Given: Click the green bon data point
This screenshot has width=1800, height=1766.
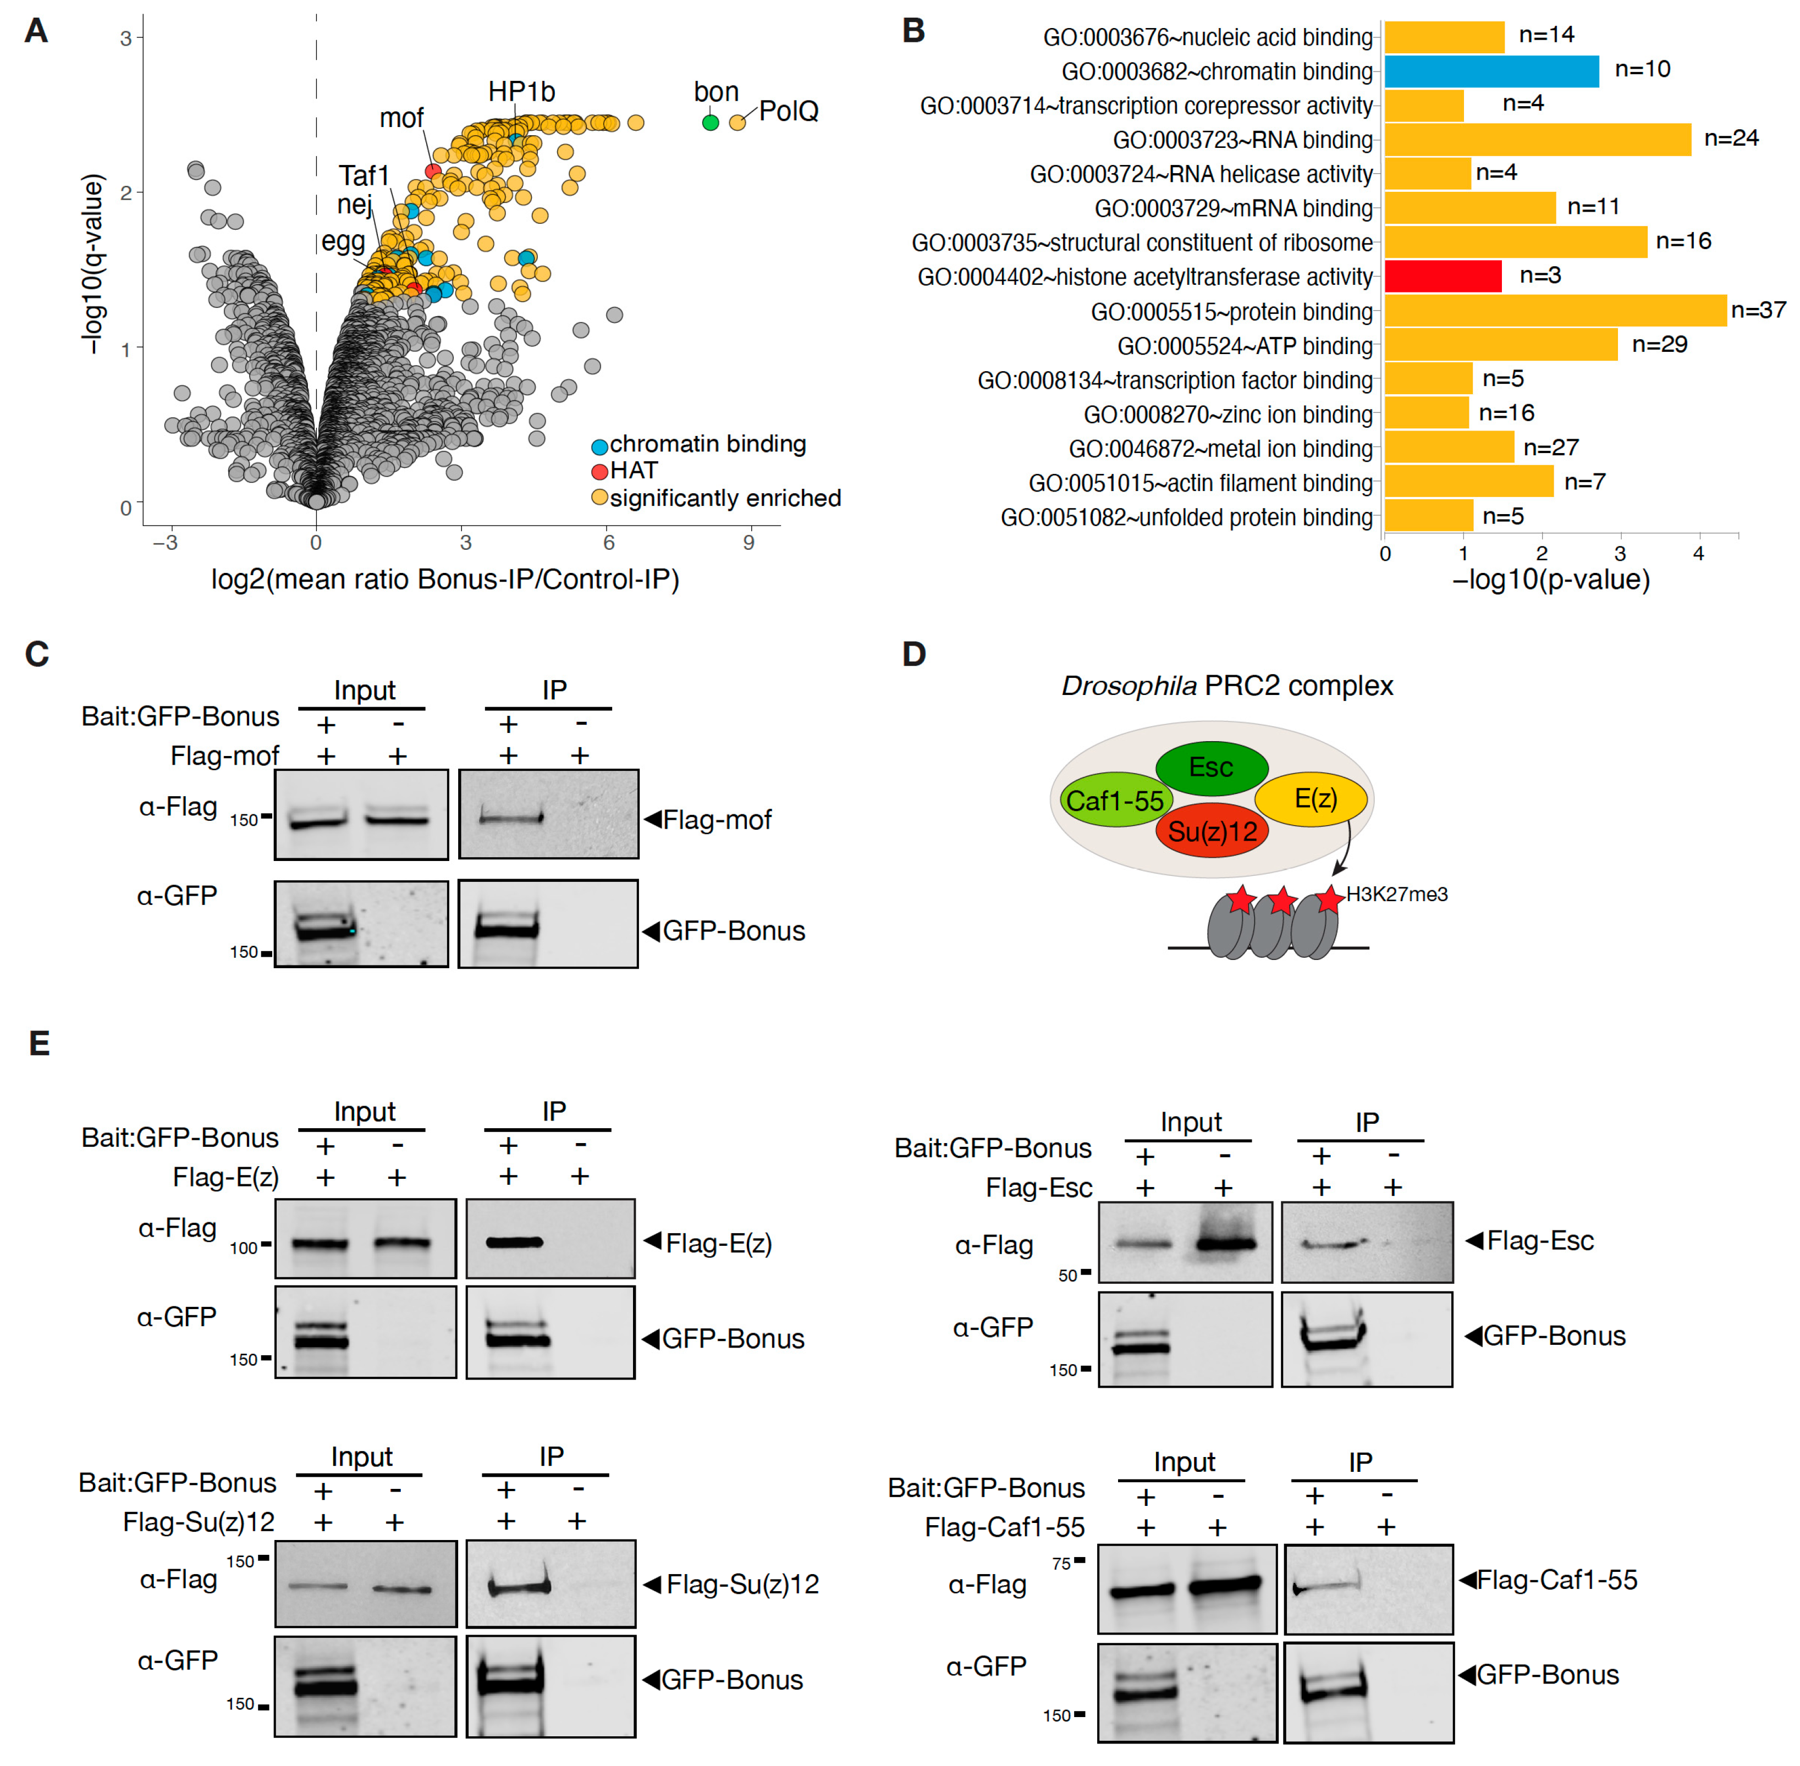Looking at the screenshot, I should tap(710, 123).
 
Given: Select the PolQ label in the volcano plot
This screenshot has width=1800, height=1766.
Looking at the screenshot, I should tap(788, 111).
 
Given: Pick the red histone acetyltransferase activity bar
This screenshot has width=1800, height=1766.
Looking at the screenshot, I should tap(1443, 277).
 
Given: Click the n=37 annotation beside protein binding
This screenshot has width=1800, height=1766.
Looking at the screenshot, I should tap(1758, 310).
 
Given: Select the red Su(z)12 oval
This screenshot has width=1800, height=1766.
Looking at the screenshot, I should tap(1212, 831).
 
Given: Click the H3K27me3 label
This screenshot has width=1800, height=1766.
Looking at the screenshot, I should tap(1396, 894).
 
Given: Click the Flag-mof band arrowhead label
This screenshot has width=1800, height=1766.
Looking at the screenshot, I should tap(715, 820).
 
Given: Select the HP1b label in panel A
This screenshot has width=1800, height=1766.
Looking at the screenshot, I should tap(521, 92).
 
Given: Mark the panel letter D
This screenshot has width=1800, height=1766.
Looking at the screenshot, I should tap(914, 655).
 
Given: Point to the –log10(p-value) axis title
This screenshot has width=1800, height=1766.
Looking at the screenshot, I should tap(1550, 580).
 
